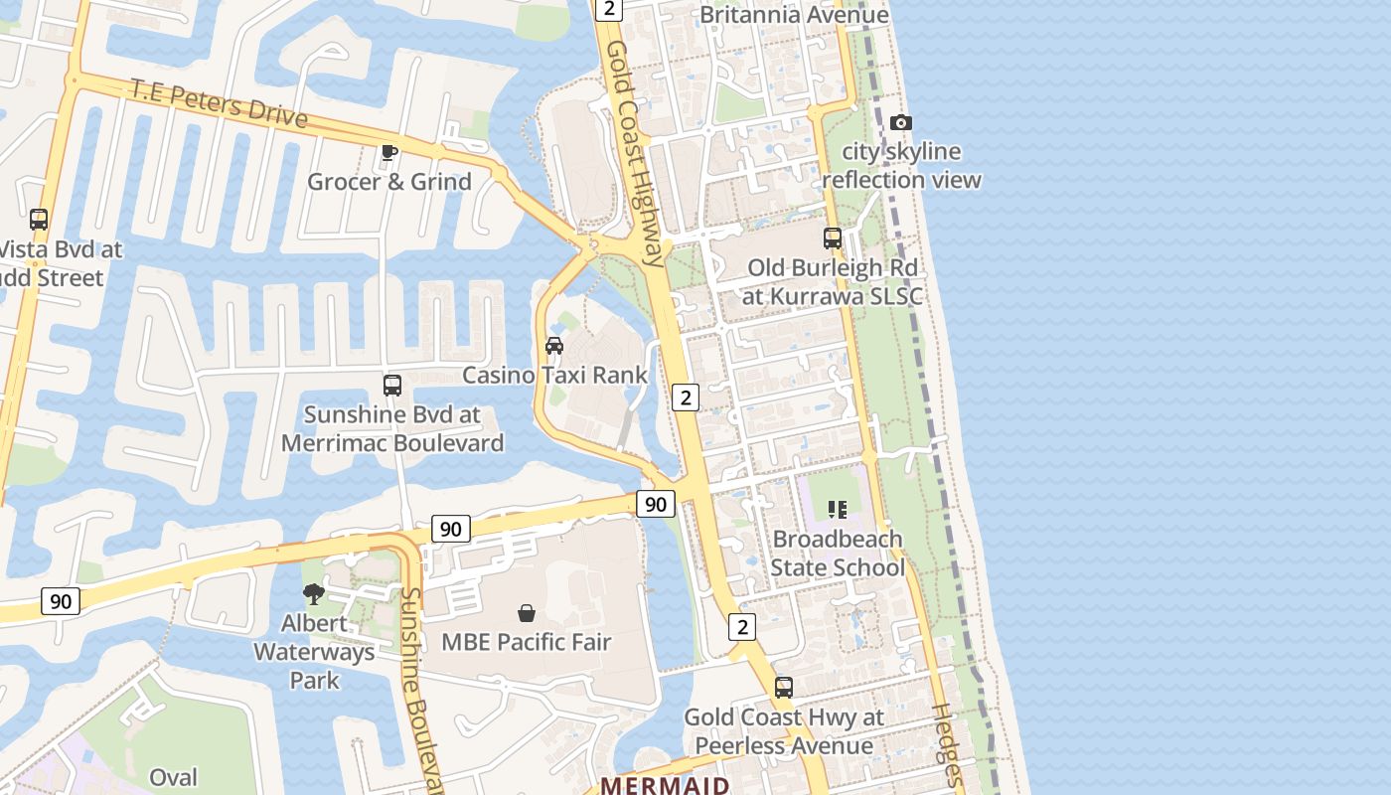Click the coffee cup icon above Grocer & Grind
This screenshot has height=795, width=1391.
(x=389, y=152)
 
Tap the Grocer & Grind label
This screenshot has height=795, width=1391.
(x=389, y=182)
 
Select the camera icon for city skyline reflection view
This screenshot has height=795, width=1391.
(x=901, y=123)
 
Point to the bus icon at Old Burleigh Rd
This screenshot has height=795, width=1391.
(x=833, y=238)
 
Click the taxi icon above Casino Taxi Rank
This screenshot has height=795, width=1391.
(x=554, y=346)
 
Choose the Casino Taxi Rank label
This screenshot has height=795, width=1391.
(x=554, y=376)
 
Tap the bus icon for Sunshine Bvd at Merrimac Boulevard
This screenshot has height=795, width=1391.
(x=392, y=386)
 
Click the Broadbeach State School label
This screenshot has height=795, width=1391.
(x=838, y=554)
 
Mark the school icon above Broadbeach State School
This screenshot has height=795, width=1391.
(x=838, y=510)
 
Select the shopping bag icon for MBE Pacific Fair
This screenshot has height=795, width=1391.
(x=527, y=613)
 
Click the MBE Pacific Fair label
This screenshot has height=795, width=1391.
(x=527, y=642)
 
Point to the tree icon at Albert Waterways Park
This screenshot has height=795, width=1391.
(x=314, y=594)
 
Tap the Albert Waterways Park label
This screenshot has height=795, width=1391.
(x=314, y=652)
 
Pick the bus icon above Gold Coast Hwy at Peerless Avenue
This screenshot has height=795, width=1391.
(x=784, y=688)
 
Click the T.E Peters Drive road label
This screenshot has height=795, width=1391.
(x=219, y=103)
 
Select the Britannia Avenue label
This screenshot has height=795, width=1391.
(x=794, y=15)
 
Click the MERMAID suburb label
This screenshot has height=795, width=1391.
(x=666, y=785)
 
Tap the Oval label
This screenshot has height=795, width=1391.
(x=173, y=777)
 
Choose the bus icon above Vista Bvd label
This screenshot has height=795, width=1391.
(x=39, y=220)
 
